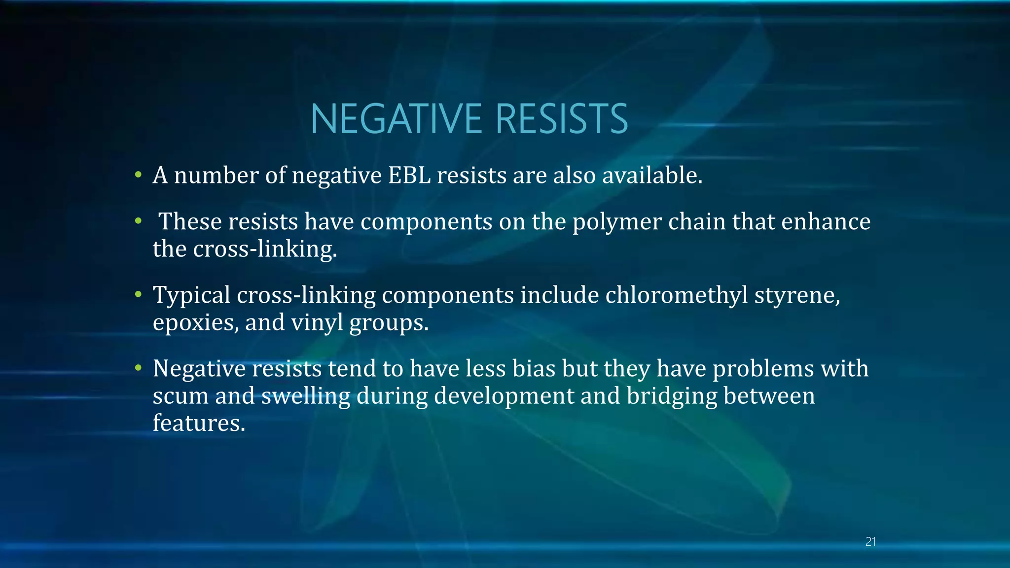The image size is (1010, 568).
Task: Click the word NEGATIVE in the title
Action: (396, 119)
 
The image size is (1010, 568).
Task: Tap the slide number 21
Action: (870, 542)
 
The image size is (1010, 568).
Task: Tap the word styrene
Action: (797, 296)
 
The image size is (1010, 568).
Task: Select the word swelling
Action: (305, 396)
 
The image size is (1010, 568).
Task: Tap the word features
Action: (198, 423)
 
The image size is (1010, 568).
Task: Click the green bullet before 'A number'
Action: (139, 175)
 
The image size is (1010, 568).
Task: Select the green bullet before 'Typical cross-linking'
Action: (139, 295)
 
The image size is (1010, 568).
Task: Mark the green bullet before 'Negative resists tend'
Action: (139, 368)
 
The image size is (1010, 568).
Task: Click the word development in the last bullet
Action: (504, 396)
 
